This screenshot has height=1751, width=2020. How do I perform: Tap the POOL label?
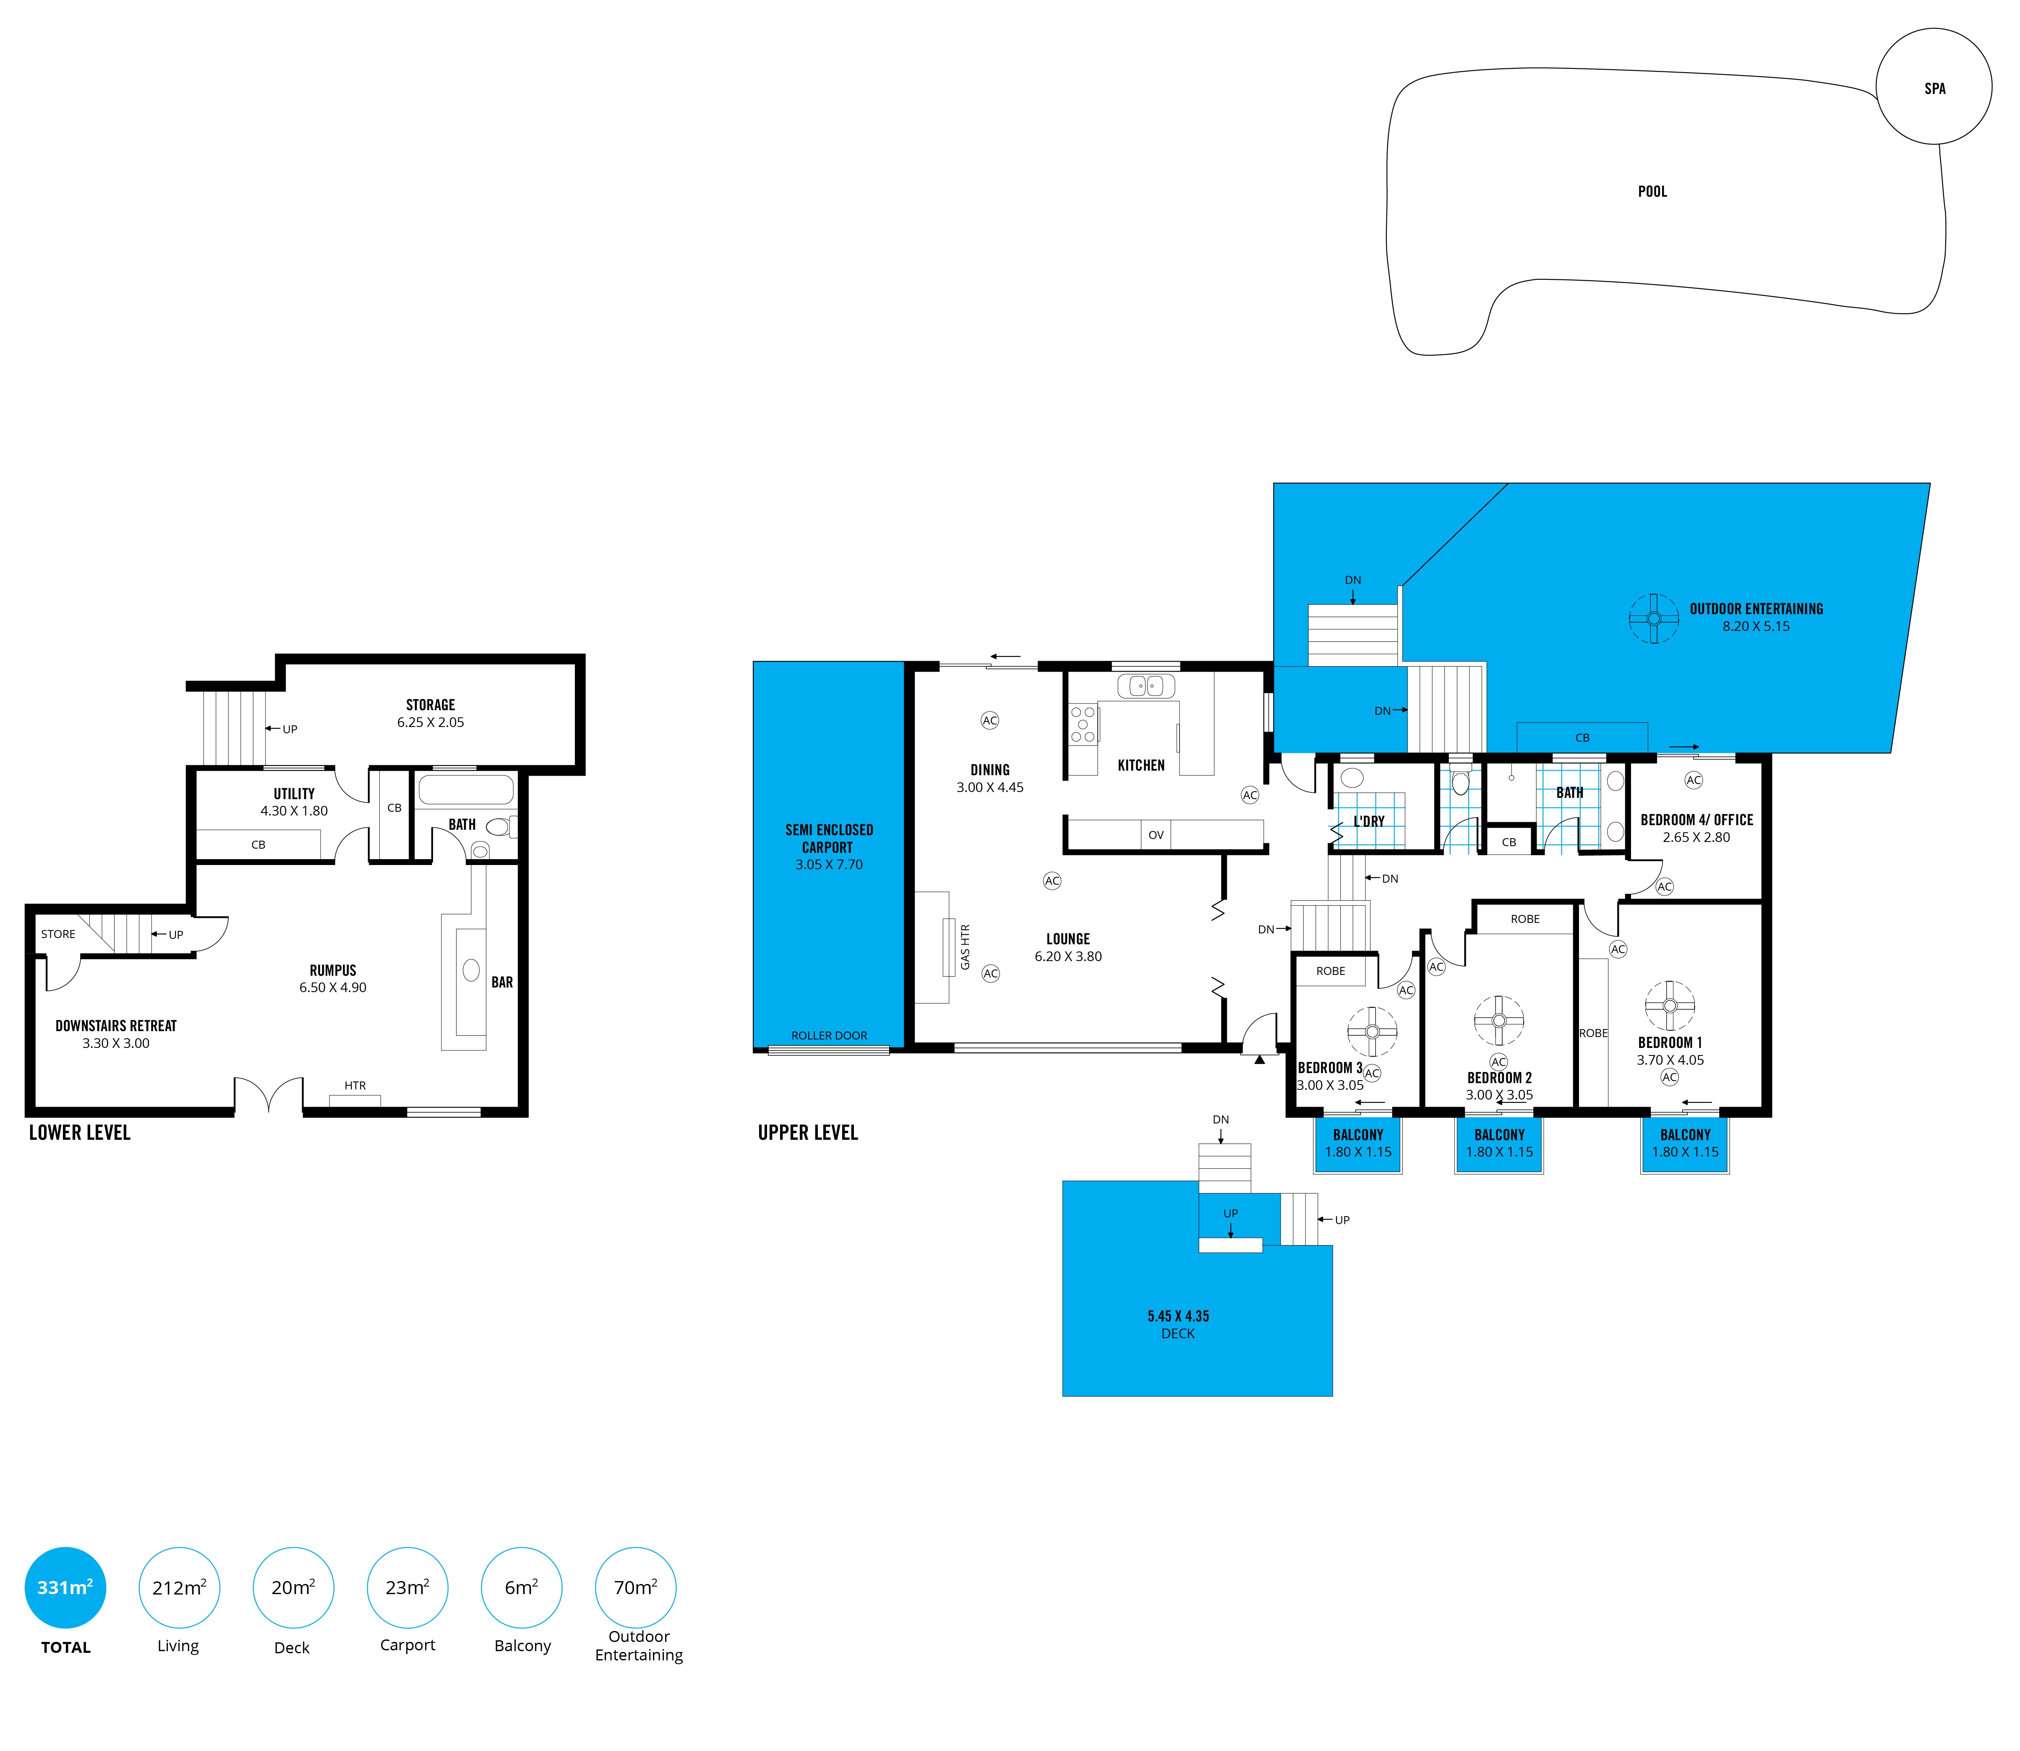coord(1652,192)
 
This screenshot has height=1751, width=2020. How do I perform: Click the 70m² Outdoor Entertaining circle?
coord(635,1588)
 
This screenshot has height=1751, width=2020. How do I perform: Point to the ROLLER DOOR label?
coord(829,1036)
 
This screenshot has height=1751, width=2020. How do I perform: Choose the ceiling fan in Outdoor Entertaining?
coord(1654,618)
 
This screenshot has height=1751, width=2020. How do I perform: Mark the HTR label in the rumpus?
coord(355,1086)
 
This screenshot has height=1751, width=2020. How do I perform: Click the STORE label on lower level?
coord(57,934)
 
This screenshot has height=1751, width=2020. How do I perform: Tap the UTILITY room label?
coord(294,793)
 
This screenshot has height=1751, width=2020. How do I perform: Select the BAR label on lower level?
coord(501,982)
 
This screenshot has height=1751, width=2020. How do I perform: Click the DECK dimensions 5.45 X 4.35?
coord(1177,1316)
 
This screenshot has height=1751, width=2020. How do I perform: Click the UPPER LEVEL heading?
coord(807,1133)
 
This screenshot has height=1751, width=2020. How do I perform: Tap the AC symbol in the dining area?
coord(989,720)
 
